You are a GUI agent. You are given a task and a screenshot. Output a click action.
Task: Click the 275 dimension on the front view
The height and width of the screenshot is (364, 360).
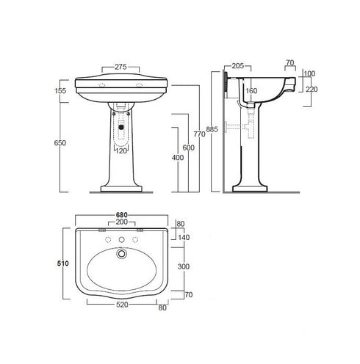pyautogui.click(x=121, y=68)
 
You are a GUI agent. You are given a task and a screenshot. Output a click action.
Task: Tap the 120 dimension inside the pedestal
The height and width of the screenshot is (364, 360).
pyautogui.click(x=122, y=152)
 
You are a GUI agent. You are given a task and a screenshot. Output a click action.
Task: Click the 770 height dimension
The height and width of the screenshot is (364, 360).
pyautogui.click(x=198, y=134)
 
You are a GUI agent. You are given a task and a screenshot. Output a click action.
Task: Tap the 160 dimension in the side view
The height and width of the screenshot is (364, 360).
pyautogui.click(x=250, y=92)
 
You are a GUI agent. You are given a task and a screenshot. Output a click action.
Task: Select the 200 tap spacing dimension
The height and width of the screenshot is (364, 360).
pyautogui.click(x=122, y=222)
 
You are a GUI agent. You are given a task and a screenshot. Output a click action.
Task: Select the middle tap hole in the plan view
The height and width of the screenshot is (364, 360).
pyautogui.click(x=122, y=240)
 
